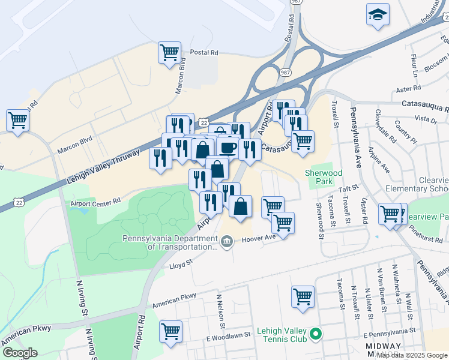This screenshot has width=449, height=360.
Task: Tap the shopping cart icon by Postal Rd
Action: (x=169, y=52)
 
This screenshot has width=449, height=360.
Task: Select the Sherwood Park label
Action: (x=324, y=177)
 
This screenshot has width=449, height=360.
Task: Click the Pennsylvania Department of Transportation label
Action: (x=169, y=242)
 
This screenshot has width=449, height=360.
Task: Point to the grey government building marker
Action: (x=227, y=242)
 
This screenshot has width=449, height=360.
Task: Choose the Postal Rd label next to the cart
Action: (x=203, y=53)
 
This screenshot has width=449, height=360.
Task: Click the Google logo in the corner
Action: (x=19, y=352)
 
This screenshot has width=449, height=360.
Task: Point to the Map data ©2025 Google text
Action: (x=412, y=355)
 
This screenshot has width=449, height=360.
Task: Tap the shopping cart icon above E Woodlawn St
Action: (x=171, y=331)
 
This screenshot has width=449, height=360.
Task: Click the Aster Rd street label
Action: (x=409, y=89)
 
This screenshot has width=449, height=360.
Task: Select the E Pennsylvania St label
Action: (x=389, y=331)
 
